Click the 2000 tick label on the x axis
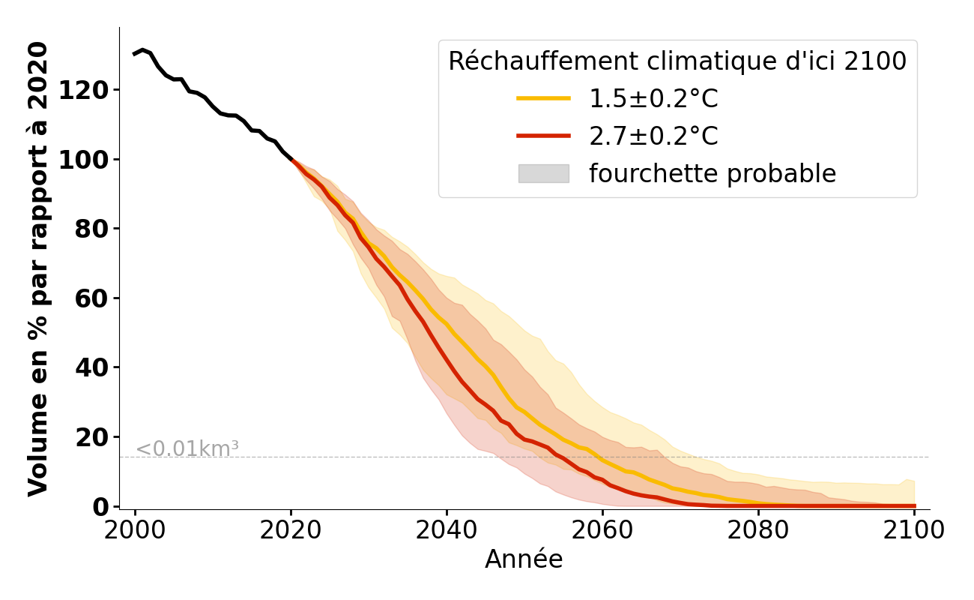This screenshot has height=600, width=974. pos(135,531)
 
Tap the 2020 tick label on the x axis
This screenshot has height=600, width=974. pos(291,531)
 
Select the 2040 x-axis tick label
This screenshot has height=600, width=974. pos(447,531)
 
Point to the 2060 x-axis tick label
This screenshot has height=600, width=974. pos(602,531)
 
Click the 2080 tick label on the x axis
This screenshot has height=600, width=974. pos(758,531)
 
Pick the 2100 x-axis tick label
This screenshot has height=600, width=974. pos(914,531)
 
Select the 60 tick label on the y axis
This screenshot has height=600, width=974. pos(92,298)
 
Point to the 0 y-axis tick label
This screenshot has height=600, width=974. pos(101,507)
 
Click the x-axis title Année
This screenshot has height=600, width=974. pos(524,559)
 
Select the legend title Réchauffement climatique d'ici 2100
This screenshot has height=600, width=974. pos(677,61)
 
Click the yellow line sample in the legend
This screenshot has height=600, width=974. pos(543,98)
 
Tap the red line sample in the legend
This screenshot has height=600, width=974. pos(543,136)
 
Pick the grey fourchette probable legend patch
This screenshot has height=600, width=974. pos(543,173)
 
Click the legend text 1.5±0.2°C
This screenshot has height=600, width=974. pos(653,98)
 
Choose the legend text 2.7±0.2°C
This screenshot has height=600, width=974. pos(653,136)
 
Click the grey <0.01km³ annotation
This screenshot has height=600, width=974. pos(187,448)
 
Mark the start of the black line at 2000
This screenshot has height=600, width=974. pos(135,54)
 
